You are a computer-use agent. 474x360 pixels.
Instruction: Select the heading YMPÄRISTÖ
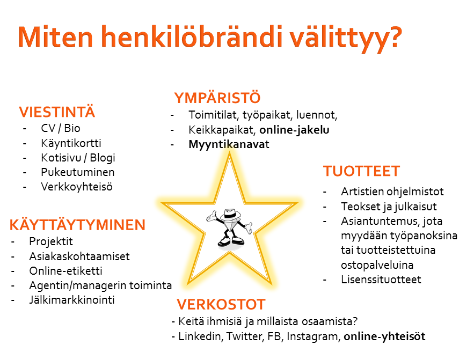tap(217, 97)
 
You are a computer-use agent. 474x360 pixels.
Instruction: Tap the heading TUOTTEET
tap(362, 171)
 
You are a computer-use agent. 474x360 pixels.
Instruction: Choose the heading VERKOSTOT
tap(221, 304)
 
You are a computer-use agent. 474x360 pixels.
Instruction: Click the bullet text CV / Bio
tap(61, 128)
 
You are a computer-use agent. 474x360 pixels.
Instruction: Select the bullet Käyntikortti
tap(71, 143)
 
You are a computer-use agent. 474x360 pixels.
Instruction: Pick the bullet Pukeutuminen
tap(78, 172)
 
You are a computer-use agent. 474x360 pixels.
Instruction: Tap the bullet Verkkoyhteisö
tap(77, 187)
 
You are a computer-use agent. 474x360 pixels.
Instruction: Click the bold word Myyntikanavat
tap(229, 145)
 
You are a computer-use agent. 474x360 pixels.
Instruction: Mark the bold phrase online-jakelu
tap(294, 130)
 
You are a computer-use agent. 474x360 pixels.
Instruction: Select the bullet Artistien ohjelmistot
tap(392, 192)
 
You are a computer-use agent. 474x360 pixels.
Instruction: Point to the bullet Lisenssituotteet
tap(381, 280)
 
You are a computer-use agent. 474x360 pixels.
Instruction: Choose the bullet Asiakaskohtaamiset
tap(79, 256)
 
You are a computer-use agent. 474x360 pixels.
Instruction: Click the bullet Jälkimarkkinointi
tap(72, 300)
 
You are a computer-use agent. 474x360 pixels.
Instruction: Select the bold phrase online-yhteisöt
tap(384, 336)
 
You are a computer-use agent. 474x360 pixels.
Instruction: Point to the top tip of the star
tap(229, 153)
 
